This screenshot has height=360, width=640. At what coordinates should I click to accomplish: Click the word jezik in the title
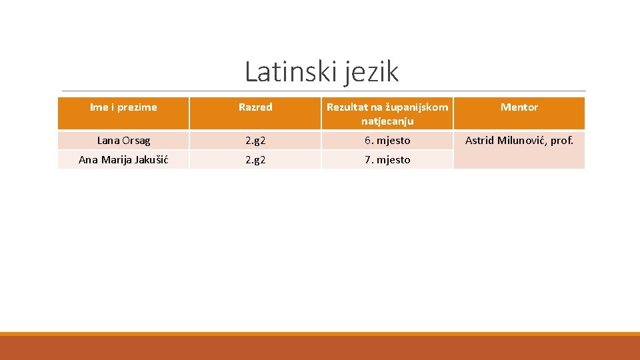coord(371,72)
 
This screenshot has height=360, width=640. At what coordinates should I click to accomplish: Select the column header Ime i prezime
coord(123,107)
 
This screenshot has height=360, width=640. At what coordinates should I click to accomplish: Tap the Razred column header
coord(255,107)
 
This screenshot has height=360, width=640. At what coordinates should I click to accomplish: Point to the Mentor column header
coord(519,107)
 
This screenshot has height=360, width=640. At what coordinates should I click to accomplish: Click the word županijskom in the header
coord(417,107)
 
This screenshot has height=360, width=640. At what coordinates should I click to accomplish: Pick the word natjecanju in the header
coord(387,121)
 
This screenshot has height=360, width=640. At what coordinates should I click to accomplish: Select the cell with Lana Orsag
coord(123,141)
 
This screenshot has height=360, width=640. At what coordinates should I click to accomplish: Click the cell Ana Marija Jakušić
coord(123,159)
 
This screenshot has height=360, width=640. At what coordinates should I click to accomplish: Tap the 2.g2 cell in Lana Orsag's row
coord(255,141)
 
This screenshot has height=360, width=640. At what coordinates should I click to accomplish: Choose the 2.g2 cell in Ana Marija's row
coord(255,159)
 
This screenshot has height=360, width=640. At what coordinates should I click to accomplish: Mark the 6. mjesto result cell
coord(387,141)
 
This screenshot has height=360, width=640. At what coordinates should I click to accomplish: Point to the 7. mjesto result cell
coord(387,159)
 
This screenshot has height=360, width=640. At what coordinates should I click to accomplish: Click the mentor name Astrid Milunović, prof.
coord(519,141)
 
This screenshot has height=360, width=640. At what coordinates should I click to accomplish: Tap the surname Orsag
coord(136,141)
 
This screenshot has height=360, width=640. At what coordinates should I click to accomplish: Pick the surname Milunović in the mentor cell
coord(523,141)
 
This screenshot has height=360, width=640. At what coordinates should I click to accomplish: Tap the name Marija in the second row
coord(115,159)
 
